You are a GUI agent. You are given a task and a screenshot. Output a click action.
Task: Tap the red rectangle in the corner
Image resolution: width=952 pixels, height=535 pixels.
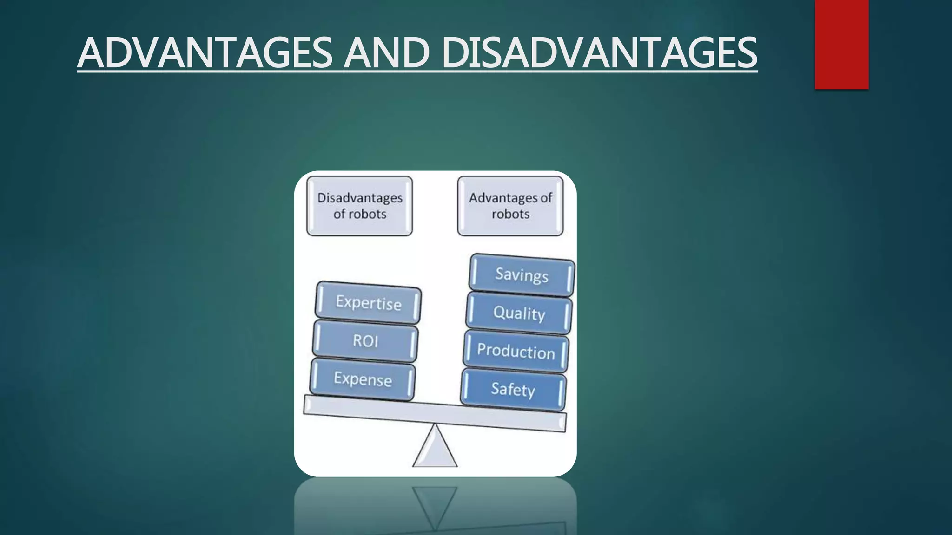[841, 44]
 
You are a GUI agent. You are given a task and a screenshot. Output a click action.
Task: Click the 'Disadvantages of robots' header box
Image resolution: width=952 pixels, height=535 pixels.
[359, 206]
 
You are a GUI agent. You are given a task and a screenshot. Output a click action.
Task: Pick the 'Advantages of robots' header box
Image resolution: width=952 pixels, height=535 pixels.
[510, 206]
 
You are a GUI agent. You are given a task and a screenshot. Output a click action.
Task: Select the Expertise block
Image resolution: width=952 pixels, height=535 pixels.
[368, 303]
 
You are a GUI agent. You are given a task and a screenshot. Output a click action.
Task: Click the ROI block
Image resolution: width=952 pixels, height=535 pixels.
[365, 341]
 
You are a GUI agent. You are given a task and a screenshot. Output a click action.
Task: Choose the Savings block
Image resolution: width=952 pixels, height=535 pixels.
[522, 275]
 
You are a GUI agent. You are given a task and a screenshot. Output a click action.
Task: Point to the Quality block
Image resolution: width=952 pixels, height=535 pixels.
[519, 313]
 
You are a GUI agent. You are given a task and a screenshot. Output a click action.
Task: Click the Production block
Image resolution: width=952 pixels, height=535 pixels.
[516, 352]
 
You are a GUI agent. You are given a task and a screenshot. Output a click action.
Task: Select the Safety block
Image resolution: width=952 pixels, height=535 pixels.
[513, 389]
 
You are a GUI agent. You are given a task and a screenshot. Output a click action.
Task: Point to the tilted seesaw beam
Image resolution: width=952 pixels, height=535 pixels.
[435, 413]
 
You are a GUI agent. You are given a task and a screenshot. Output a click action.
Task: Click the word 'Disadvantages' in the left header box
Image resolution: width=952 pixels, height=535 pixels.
[360, 198]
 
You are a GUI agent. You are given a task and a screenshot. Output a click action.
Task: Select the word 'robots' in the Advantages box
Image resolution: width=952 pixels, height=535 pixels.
[510, 214]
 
